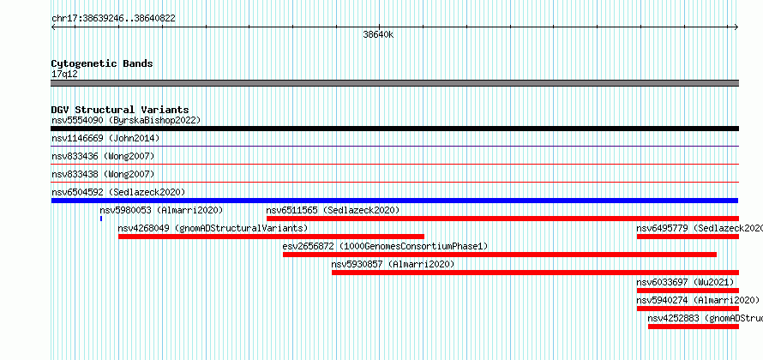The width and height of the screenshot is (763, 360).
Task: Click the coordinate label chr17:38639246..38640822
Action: tap(113, 19)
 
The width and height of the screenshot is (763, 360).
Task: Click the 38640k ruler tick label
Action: tap(378, 34)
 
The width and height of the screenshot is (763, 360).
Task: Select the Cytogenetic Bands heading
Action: tap(102, 63)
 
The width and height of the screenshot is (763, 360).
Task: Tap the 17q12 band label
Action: tap(64, 74)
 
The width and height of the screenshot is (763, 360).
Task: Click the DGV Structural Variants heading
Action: tap(120, 110)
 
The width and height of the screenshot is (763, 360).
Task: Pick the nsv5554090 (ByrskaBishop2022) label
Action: tap(126, 120)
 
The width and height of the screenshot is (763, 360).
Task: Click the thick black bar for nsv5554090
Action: tap(394, 129)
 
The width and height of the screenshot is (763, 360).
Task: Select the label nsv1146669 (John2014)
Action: tap(105, 138)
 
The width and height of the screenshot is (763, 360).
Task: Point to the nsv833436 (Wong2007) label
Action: tap(103, 156)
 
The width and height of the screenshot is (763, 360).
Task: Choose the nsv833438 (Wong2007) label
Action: tap(103, 174)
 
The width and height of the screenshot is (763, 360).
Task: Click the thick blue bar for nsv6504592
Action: tap(394, 201)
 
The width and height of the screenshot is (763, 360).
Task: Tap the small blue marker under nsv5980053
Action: tap(101, 219)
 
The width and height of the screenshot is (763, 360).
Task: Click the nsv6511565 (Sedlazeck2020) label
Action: tap(333, 210)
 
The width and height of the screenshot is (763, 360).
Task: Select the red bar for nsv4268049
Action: tap(271, 237)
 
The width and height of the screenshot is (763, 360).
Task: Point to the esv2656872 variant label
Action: tap(385, 246)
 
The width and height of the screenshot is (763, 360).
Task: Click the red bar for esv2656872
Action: tap(500, 255)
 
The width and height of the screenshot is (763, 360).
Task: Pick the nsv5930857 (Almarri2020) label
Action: tap(393, 264)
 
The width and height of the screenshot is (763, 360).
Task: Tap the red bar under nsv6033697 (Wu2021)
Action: tap(688, 291)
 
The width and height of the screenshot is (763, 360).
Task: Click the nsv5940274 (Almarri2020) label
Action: tap(698, 300)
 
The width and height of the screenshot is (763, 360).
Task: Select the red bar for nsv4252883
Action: tap(694, 327)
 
